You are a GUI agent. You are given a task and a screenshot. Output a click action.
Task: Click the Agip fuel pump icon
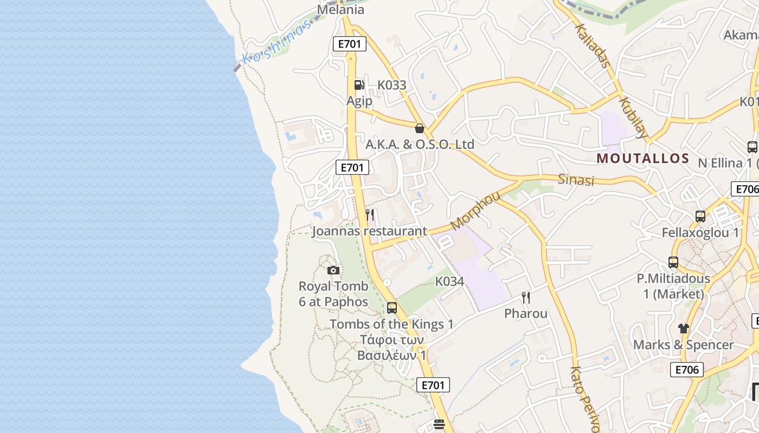coord(358,84)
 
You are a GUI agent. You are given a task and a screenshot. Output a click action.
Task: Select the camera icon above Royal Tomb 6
coord(333,270)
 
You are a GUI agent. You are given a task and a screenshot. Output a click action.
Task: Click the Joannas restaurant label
coord(369,232)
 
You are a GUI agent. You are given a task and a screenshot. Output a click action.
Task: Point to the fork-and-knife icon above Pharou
coord(525,297)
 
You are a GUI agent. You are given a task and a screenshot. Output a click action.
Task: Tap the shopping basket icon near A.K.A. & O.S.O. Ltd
coord(419,128)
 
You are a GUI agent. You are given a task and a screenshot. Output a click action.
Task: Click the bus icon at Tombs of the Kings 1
coord(391,308)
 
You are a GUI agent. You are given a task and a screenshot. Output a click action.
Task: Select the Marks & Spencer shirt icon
coord(683,328)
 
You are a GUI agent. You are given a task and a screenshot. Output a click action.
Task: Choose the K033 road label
coord(391,85)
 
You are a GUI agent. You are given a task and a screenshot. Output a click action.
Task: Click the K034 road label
coord(449,281)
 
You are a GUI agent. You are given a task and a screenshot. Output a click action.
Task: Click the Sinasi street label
coord(576,180)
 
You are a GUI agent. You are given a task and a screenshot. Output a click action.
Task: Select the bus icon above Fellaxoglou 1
coord(700,216)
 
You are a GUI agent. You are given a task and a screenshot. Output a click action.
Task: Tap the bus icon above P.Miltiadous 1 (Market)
coord(673,263)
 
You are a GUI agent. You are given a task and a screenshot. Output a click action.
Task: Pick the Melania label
coord(340,10)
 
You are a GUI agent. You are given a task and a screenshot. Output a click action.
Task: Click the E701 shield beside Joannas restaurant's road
coord(352,168)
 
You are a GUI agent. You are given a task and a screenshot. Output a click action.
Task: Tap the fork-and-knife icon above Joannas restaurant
coord(370,215)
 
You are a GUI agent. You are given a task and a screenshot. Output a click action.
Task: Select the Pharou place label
coord(525,313)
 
